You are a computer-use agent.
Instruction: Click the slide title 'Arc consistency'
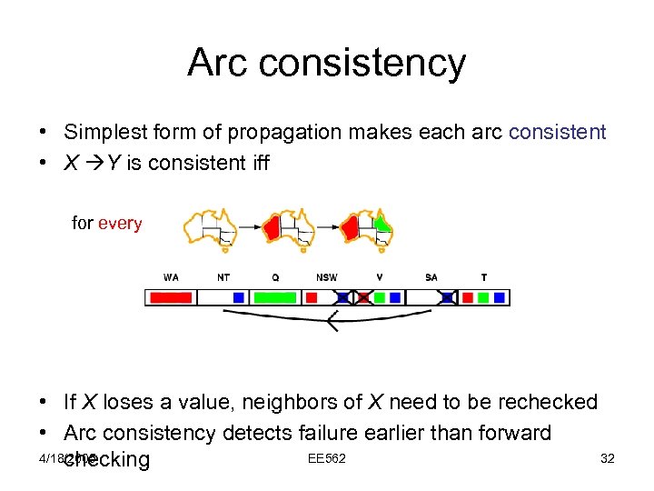326,63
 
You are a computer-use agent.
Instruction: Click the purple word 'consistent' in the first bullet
557,132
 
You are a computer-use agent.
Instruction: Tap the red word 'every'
120,223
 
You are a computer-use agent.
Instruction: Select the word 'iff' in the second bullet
257,165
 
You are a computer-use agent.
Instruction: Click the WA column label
171,277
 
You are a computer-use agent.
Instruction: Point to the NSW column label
326,277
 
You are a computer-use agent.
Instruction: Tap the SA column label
431,277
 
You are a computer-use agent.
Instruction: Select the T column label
483,277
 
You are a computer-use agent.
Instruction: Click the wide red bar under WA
171,297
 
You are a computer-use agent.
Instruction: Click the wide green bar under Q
274,297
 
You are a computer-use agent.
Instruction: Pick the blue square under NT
238,297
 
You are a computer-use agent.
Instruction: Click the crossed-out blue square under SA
448,297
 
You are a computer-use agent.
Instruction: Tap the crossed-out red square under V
363,297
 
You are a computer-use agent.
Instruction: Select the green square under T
483,297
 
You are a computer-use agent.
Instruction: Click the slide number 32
608,458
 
